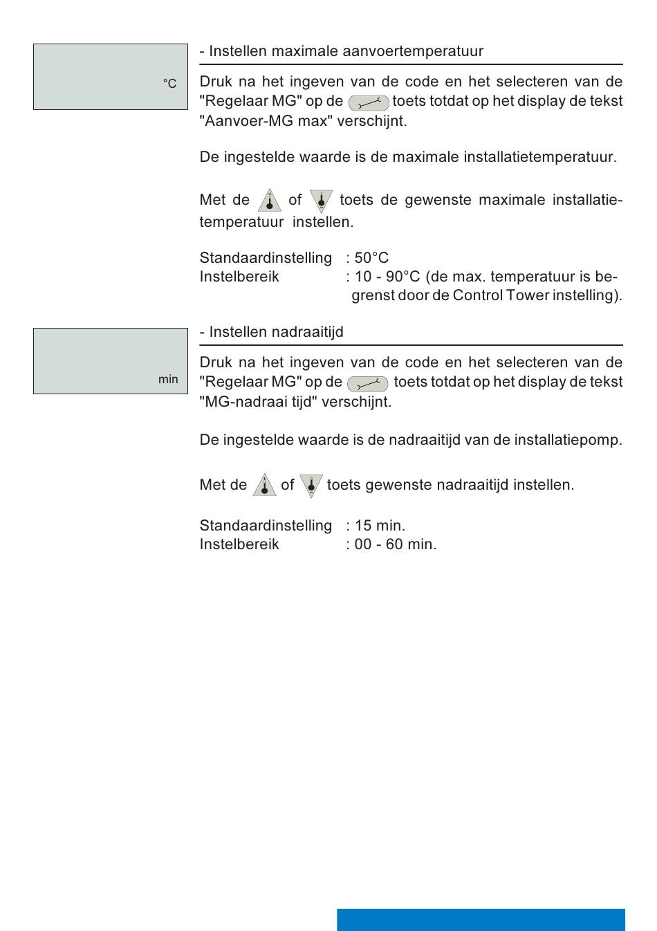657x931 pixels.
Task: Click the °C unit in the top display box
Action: click(x=169, y=84)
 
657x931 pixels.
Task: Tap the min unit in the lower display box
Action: click(x=168, y=379)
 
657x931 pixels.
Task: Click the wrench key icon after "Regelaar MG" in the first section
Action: click(x=369, y=103)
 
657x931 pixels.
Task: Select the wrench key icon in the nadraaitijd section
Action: click(x=367, y=384)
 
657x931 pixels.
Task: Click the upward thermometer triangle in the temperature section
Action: click(x=269, y=201)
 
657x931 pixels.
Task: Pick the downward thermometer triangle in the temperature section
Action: click(x=321, y=201)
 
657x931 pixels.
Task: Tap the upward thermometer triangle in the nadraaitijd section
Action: click(x=264, y=485)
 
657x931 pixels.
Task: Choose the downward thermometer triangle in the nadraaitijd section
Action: click(x=311, y=485)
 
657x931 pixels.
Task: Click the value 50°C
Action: click(x=371, y=258)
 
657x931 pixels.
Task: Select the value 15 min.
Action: click(x=380, y=526)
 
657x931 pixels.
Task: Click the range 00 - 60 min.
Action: click(x=395, y=544)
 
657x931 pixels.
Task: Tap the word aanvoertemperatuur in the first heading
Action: click(x=415, y=51)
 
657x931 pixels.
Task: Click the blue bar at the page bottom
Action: click(x=481, y=919)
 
